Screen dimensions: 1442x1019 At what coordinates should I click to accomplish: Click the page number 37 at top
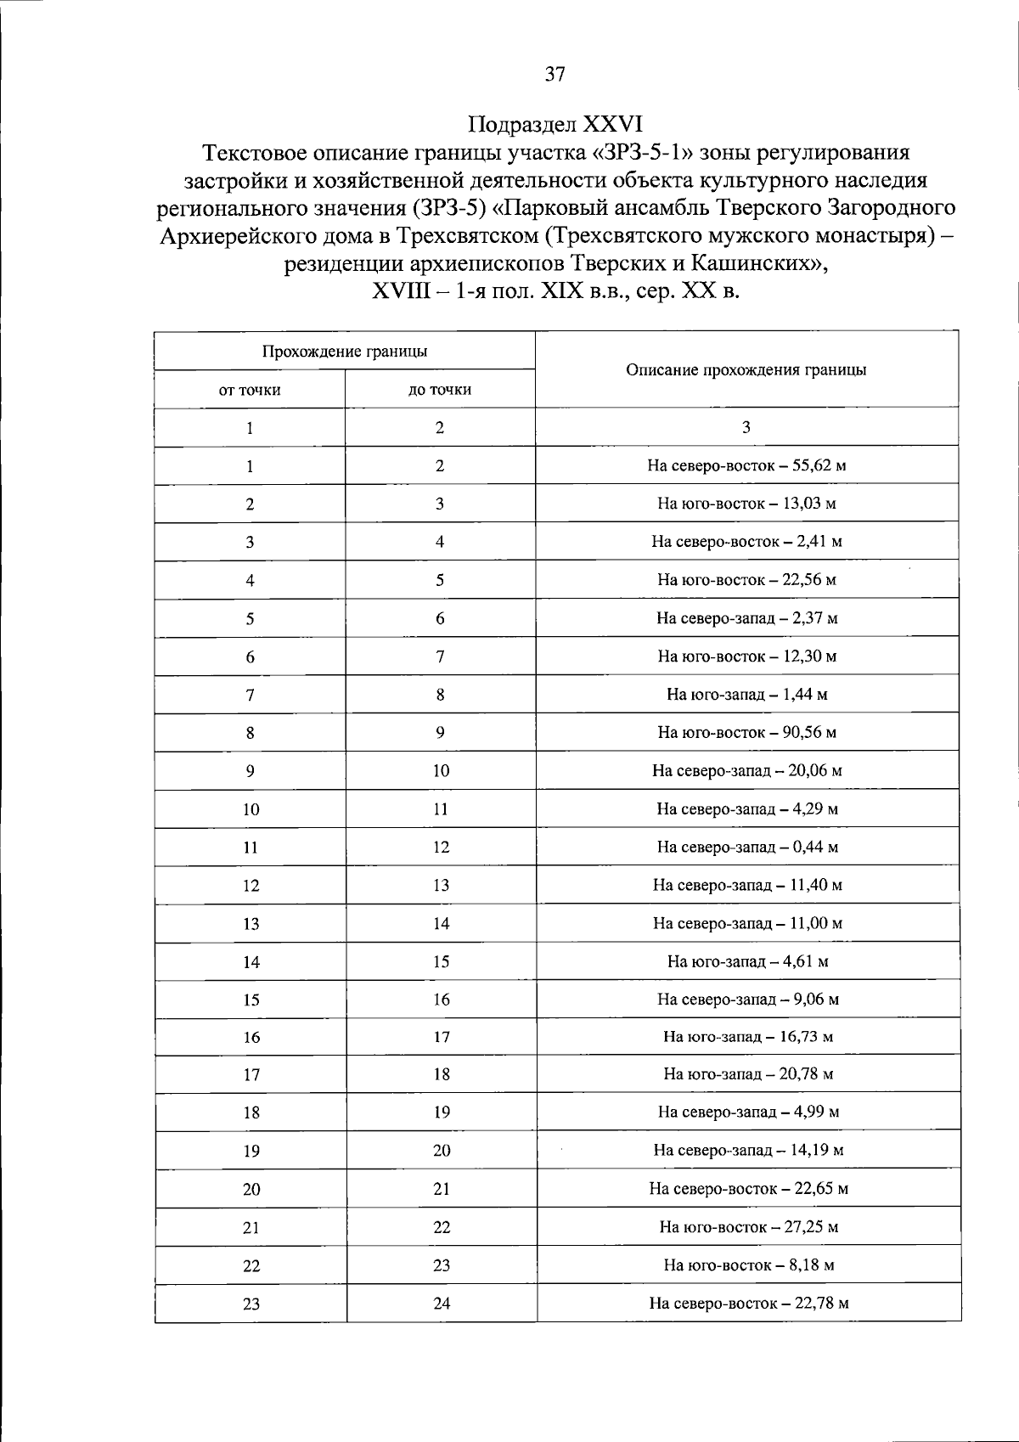(x=555, y=75)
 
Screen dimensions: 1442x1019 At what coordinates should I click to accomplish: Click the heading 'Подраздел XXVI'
(x=555, y=125)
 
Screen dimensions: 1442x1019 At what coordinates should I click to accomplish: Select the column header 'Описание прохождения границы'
(x=746, y=370)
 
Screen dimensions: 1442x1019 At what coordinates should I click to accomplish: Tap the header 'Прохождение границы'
(x=344, y=352)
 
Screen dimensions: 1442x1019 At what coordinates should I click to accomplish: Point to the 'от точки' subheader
(x=250, y=391)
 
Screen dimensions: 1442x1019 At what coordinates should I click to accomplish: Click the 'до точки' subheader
(x=439, y=391)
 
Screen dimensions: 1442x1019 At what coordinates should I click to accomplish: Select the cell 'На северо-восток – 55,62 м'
(x=746, y=465)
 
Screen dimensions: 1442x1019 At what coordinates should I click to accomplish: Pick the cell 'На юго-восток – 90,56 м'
(x=746, y=732)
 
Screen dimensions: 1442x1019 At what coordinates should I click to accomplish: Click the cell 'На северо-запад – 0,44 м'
(x=746, y=847)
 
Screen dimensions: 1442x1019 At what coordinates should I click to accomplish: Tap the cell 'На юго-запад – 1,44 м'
(x=746, y=695)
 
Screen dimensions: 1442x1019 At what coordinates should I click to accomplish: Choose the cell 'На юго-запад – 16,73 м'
(x=747, y=1037)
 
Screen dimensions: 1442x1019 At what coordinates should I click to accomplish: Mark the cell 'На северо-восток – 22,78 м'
(x=748, y=1303)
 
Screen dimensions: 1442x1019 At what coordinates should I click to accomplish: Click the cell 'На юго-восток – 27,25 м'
(x=748, y=1227)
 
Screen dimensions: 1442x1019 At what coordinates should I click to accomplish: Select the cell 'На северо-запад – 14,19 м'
(x=748, y=1151)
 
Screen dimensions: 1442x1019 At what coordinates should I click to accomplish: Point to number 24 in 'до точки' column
(x=442, y=1303)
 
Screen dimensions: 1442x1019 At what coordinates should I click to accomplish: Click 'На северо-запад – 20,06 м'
(x=746, y=771)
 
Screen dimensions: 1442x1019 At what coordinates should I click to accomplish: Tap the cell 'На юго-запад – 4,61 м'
(x=747, y=961)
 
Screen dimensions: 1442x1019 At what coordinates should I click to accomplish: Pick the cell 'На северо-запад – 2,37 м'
(x=746, y=618)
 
